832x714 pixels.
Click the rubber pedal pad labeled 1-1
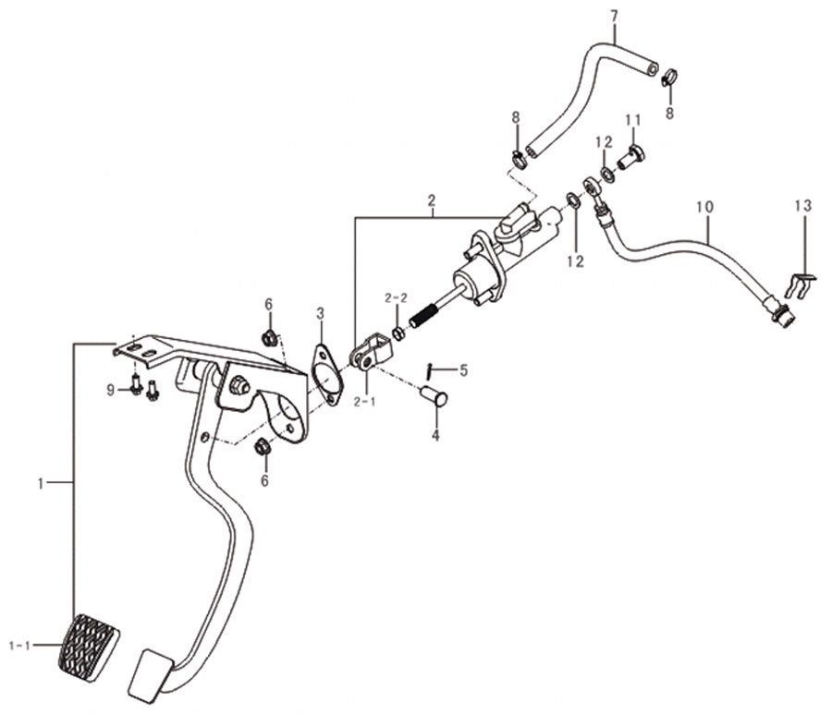click(x=88, y=647)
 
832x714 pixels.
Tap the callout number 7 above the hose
click(x=615, y=17)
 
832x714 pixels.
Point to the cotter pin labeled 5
click(x=430, y=371)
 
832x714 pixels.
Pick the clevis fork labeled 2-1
click(x=371, y=352)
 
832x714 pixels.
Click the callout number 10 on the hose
click(x=705, y=207)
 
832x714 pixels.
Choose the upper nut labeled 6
click(x=270, y=337)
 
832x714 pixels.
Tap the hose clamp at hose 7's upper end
click(x=669, y=78)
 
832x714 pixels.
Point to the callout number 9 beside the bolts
click(x=110, y=391)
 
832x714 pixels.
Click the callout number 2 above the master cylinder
click(x=432, y=200)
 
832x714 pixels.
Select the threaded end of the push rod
click(x=424, y=315)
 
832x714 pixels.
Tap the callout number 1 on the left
click(x=42, y=483)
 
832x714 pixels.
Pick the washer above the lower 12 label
click(x=573, y=200)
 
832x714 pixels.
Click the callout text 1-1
click(x=20, y=646)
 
